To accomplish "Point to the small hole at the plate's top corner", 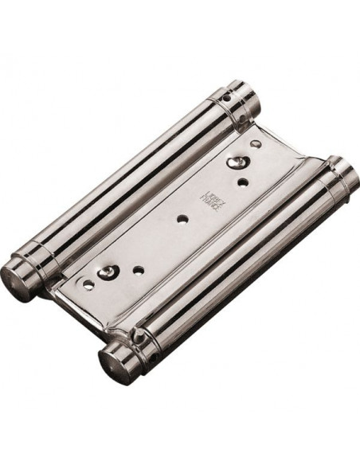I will pos(254,144).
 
